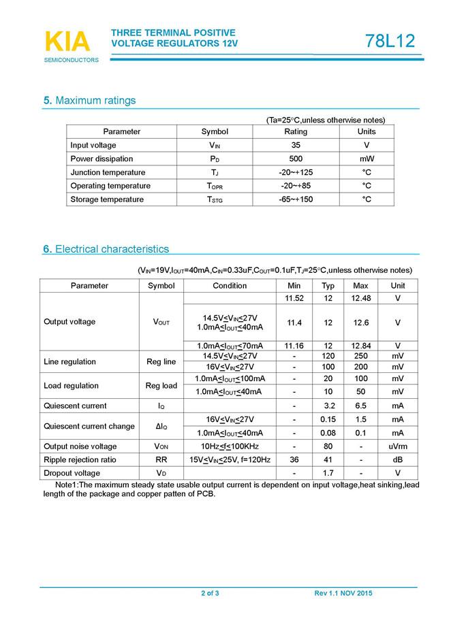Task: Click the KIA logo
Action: point(67,42)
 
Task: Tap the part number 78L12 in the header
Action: point(390,41)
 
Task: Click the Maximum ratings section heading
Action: point(89,101)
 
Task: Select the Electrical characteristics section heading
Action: point(106,249)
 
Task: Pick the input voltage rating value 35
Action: point(296,145)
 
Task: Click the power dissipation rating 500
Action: point(296,159)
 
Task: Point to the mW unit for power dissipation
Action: point(367,159)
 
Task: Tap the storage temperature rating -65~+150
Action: point(296,199)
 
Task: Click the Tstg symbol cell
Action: point(215,199)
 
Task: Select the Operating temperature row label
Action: point(110,186)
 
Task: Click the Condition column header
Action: point(230,286)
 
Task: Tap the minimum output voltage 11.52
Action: point(294,299)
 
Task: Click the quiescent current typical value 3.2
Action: point(328,406)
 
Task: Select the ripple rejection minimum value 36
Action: point(294,460)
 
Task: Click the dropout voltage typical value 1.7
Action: point(328,473)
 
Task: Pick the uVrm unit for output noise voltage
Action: point(398,446)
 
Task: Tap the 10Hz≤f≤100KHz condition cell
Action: point(230,446)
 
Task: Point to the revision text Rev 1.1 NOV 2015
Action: point(343,594)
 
